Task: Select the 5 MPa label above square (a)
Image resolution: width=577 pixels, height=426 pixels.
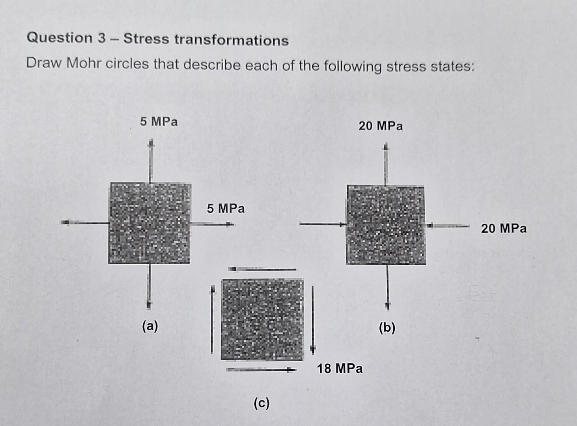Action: [x=159, y=121]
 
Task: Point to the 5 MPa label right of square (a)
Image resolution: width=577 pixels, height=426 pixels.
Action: [x=226, y=208]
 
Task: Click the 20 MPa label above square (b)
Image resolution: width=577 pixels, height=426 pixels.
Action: [x=381, y=126]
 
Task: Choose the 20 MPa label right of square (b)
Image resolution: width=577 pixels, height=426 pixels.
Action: [x=504, y=228]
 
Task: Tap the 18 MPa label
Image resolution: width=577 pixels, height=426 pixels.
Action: [x=340, y=368]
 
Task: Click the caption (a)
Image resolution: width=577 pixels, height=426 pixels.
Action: [x=150, y=326]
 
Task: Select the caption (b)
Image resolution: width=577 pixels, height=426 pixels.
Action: [x=387, y=328]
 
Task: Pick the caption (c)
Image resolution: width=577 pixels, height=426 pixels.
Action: [x=261, y=403]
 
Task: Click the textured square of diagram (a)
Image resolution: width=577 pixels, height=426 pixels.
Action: [x=149, y=223]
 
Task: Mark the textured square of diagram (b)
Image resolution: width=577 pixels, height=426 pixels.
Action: [x=386, y=225]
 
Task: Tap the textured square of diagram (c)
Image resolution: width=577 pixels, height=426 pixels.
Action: [x=262, y=319]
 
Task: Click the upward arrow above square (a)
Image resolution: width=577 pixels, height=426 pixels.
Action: [x=150, y=162]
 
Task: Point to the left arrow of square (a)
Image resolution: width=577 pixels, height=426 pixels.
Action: [x=85, y=223]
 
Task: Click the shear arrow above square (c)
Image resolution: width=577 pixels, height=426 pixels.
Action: [x=262, y=269]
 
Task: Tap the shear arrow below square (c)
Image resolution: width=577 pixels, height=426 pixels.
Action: [x=261, y=370]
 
